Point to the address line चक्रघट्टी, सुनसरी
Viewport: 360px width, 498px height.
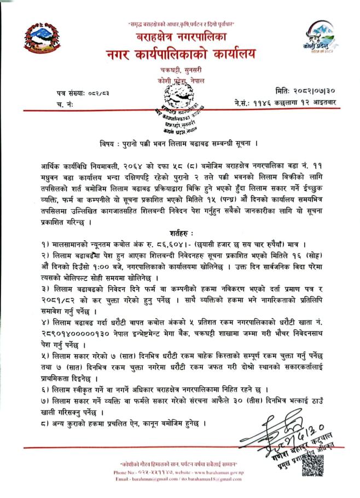pos(181,72)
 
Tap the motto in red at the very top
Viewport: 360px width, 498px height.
pos(181,24)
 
